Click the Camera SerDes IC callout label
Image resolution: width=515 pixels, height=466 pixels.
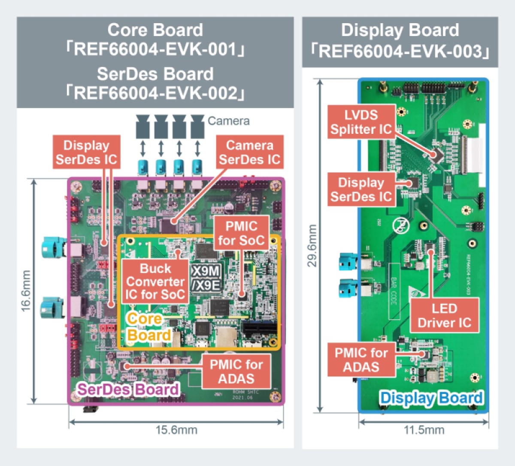click(x=249, y=152)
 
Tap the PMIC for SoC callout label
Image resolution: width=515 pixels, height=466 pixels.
click(x=241, y=233)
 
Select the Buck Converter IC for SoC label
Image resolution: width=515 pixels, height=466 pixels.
click(x=155, y=281)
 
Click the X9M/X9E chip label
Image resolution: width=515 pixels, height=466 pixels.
click(x=206, y=278)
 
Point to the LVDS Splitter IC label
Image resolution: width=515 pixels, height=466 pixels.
click(x=360, y=122)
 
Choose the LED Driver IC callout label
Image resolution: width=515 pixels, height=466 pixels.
click(x=444, y=316)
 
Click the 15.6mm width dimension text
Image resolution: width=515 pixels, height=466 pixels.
click(x=176, y=430)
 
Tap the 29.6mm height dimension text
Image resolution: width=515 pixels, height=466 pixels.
click(x=312, y=245)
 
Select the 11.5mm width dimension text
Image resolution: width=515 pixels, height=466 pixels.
click(x=424, y=430)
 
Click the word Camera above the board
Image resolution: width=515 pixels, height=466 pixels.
click(x=228, y=121)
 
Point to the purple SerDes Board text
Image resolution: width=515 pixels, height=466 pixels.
click(x=128, y=389)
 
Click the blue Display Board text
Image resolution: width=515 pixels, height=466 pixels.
click(x=431, y=398)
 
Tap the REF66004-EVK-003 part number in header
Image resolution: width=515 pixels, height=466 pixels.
click(x=400, y=51)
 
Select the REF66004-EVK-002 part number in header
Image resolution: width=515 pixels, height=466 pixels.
click(x=155, y=93)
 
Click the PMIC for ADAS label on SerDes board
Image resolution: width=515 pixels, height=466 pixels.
click(x=236, y=371)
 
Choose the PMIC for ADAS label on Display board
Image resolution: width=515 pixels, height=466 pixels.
click(x=361, y=360)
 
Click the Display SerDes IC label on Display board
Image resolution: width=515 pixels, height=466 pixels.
click(x=361, y=190)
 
